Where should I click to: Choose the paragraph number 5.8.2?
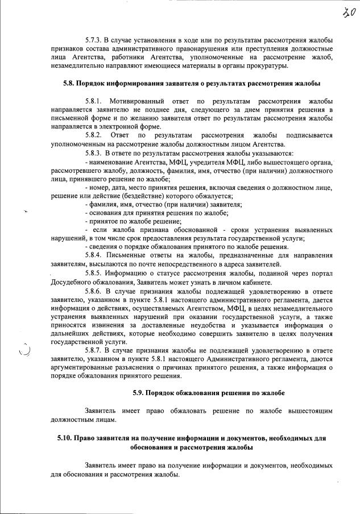pos(94,136)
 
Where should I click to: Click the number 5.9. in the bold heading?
pos(139,393)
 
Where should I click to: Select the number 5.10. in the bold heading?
pos(67,438)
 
